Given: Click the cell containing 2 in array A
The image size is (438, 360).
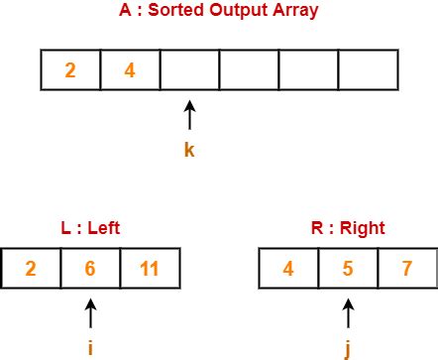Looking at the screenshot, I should tap(70, 70).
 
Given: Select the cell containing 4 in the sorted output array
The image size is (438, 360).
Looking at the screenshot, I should tap(130, 70).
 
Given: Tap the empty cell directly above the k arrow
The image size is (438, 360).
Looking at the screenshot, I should tap(189, 70).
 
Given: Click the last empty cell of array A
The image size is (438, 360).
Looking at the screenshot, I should tap(368, 70).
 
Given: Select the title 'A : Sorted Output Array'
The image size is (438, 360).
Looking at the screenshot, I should tap(220, 12).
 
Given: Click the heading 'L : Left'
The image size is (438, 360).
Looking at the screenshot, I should tap(91, 227).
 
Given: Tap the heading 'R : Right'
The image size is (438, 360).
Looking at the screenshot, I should tap(347, 227).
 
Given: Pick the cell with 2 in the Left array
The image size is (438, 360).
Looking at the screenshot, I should tap(31, 269).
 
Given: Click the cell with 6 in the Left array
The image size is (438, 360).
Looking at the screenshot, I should tap(90, 269).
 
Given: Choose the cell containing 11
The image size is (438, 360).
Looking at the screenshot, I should tap(150, 269).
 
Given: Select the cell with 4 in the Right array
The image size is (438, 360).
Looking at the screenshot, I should tap(287, 269).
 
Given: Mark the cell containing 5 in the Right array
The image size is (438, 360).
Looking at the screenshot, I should tap(347, 269).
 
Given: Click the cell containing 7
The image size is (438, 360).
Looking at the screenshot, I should tap(406, 269).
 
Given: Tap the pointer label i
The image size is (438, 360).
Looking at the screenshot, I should tap(91, 347).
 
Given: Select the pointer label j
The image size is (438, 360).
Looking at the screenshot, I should tap(347, 348).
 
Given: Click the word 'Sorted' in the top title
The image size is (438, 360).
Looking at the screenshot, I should tap(193, 12).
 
